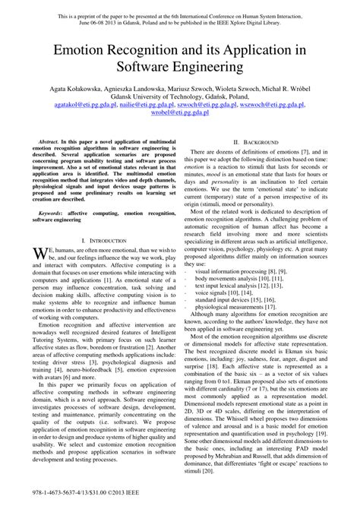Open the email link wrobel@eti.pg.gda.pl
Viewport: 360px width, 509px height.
coord(179,118)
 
